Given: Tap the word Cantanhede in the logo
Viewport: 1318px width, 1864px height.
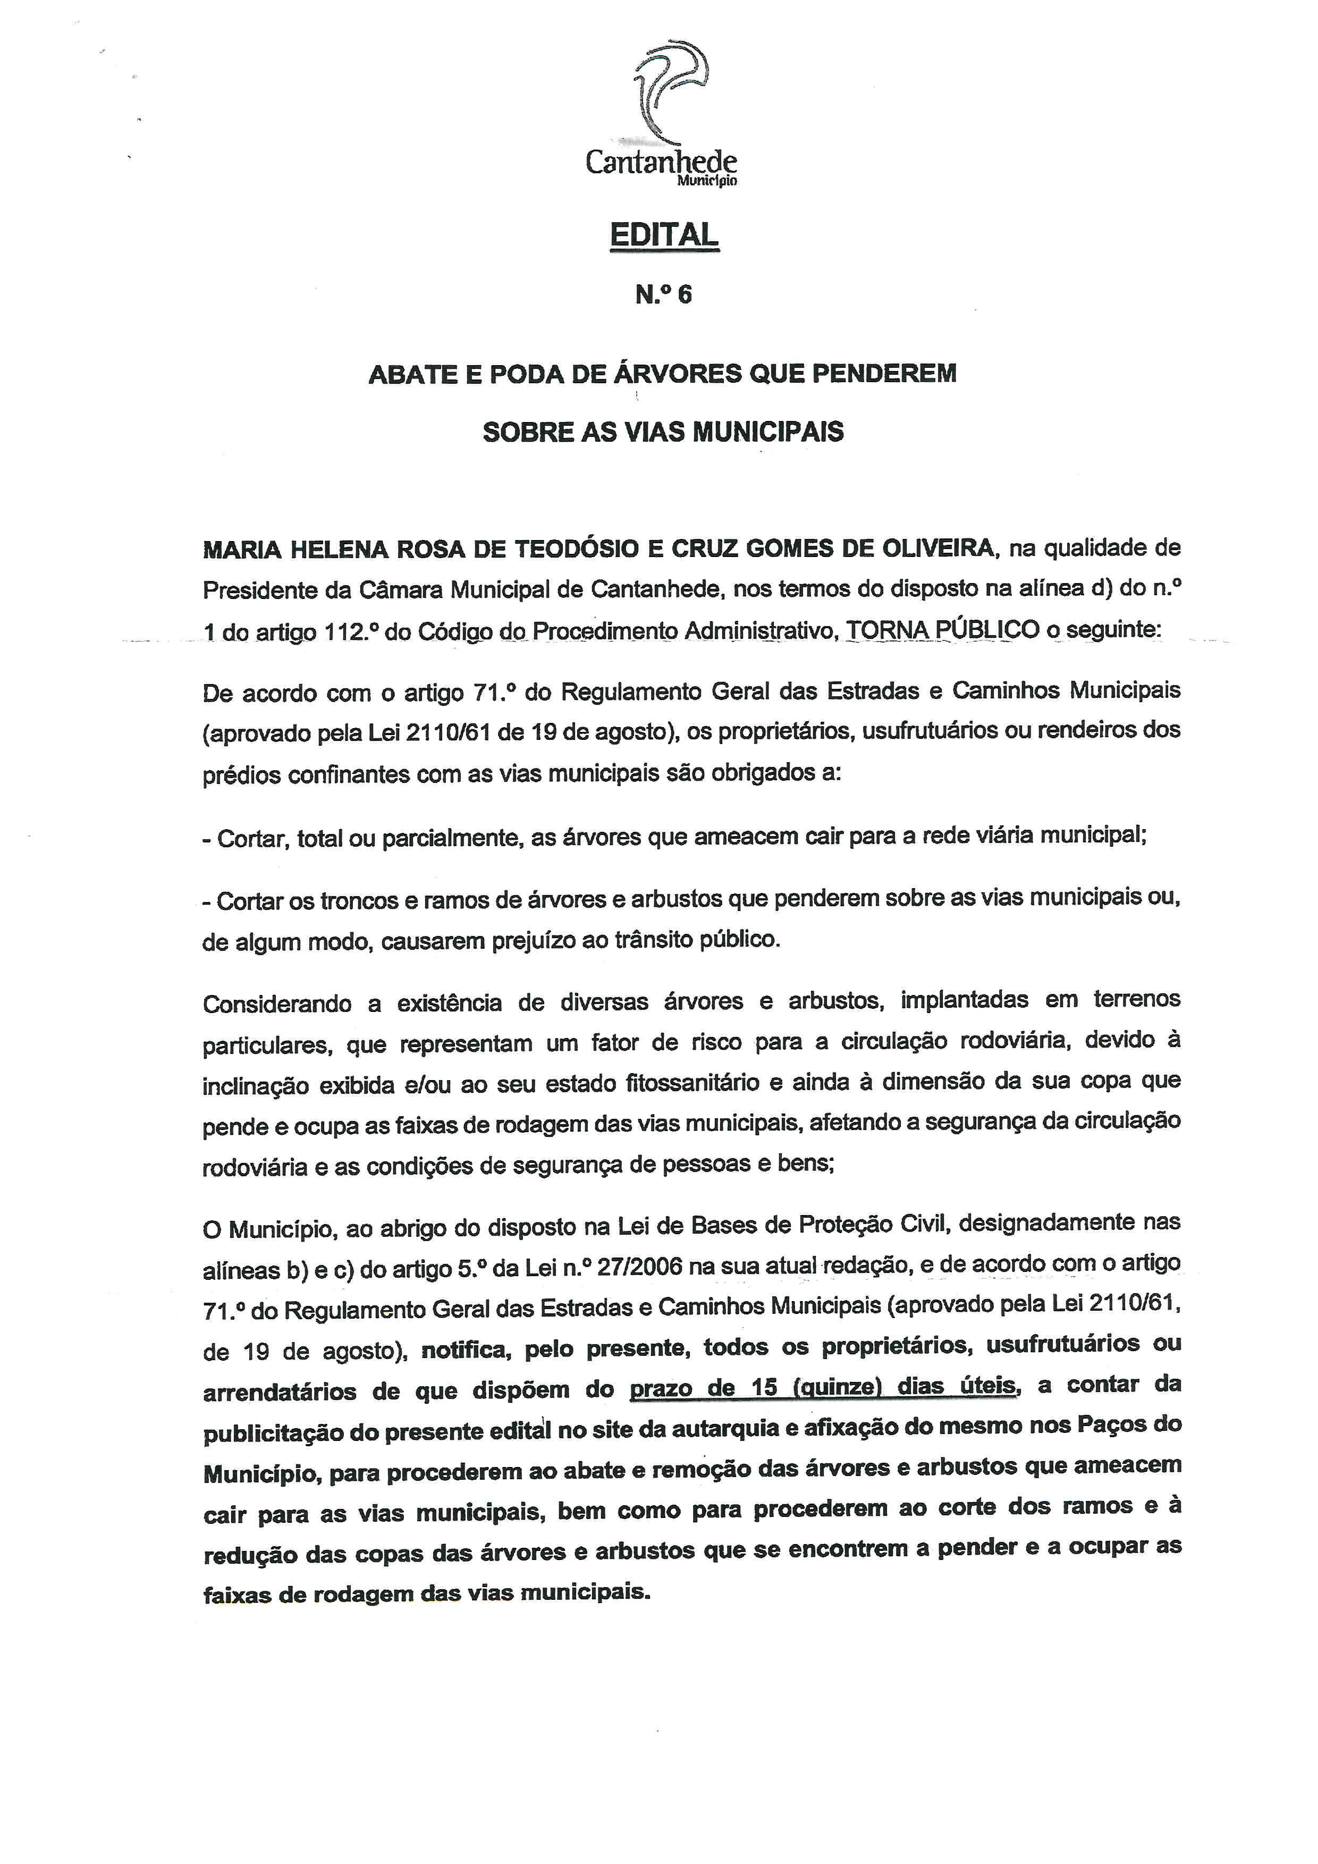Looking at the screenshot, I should [x=662, y=162].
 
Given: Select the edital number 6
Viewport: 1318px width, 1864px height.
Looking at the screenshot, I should [x=685, y=294].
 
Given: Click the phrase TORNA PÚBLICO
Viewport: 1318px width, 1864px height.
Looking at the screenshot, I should [x=942, y=629].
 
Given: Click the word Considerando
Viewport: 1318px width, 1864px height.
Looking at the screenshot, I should [x=277, y=1004].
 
